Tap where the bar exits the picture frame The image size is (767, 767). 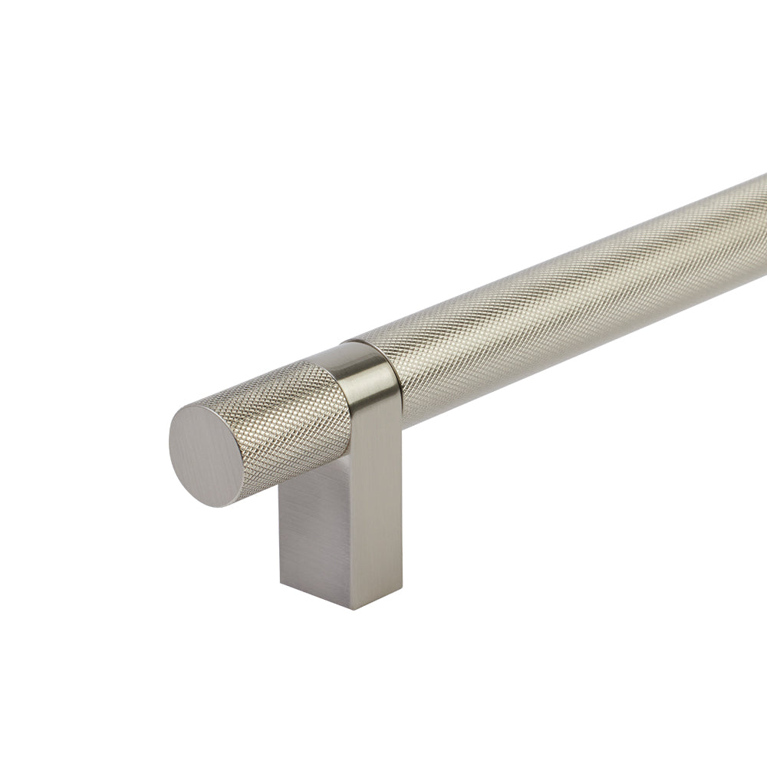[762, 230]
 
